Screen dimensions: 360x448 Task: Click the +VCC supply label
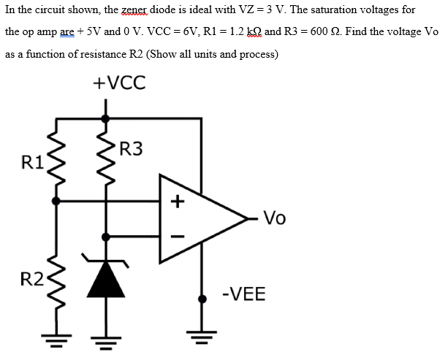(x=120, y=83)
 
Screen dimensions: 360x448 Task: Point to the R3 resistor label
(x=131, y=150)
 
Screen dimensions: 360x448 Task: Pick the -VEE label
(x=243, y=294)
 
